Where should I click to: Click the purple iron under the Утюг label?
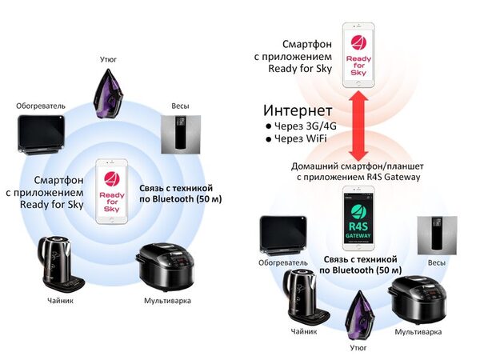(108, 94)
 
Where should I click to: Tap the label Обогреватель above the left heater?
(41, 106)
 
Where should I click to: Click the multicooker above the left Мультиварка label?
(165, 266)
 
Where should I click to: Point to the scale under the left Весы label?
(181, 134)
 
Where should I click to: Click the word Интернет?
(298, 110)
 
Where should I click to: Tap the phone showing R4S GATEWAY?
(358, 218)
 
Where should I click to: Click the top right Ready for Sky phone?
(358, 55)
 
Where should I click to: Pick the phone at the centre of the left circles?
(111, 191)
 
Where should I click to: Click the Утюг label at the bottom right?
(358, 348)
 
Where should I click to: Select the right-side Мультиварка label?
(418, 332)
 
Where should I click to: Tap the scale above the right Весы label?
(437, 235)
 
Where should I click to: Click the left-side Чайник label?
(60, 301)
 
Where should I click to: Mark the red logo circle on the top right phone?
(358, 43)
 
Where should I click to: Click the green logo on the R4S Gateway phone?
(358, 212)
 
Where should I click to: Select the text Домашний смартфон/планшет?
(358, 166)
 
